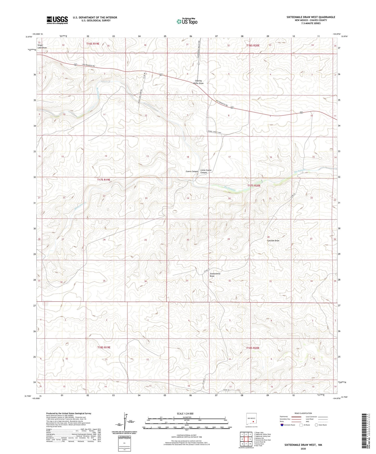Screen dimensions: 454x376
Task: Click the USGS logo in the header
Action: point(57,20)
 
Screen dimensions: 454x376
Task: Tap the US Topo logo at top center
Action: point(187,21)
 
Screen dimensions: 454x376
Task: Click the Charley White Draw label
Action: point(198,82)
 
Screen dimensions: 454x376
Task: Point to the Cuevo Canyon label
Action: point(192,171)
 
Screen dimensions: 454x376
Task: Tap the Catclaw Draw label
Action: point(273,241)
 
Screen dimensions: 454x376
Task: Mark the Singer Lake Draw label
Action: point(42,47)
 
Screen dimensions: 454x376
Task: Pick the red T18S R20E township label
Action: point(253,348)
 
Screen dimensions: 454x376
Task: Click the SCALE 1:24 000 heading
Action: point(185,414)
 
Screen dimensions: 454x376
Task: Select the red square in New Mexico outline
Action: point(253,422)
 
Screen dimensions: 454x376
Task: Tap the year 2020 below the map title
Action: point(303,449)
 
